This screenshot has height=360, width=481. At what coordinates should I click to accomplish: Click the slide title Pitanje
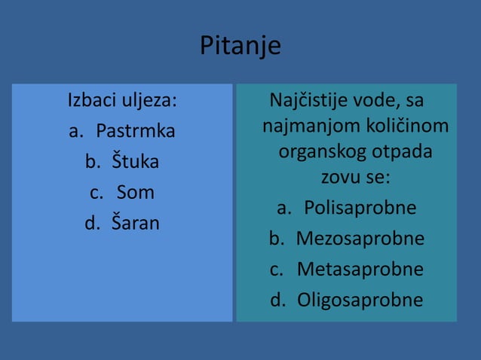[240, 46]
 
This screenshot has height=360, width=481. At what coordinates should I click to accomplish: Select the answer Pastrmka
[136, 131]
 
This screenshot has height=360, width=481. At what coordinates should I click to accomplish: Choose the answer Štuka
[136, 162]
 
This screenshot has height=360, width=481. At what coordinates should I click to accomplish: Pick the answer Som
[136, 193]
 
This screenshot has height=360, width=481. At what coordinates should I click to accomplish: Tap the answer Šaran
[136, 224]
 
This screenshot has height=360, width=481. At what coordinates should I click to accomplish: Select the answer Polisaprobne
[360, 208]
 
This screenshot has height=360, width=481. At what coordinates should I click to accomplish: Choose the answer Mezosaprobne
[360, 239]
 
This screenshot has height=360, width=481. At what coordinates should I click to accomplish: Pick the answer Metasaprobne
[360, 270]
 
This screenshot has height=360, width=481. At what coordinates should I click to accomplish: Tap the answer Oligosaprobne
[360, 301]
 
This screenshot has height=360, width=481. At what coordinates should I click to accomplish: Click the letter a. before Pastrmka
[76, 131]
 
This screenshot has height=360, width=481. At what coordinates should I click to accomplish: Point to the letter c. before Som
[97, 193]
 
